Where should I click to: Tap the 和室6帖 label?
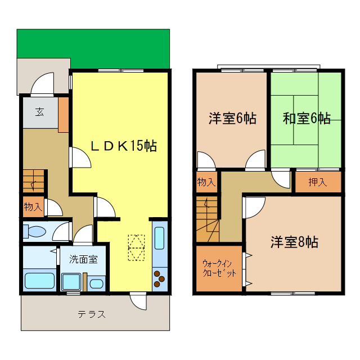[306, 119]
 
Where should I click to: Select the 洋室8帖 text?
[294, 242]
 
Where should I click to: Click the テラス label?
[92, 314]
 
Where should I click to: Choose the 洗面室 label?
[83, 259]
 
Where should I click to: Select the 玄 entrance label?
[40, 111]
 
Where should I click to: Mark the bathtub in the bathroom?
[39, 280]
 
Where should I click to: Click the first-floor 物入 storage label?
[33, 207]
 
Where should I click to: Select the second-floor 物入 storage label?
[206, 182]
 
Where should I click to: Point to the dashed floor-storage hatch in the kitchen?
[136, 247]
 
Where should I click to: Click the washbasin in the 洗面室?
[96, 282]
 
